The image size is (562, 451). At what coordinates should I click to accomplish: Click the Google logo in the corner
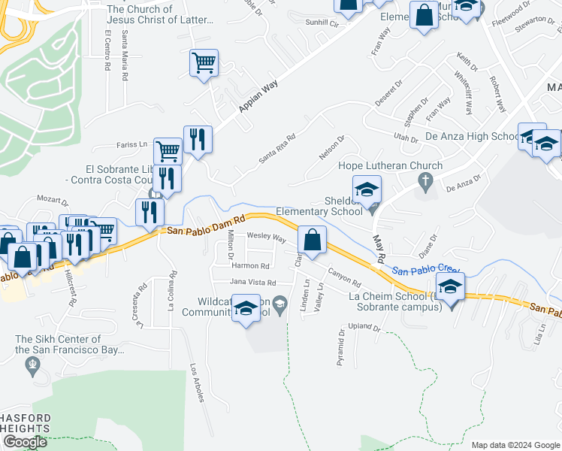25,442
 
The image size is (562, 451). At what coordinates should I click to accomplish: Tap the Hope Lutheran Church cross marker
426,180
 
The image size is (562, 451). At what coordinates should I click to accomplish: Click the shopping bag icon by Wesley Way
312,240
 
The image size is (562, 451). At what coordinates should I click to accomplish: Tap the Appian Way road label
258,97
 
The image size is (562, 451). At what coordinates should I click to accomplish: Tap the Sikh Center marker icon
32,365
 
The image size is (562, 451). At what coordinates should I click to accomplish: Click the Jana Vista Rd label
252,282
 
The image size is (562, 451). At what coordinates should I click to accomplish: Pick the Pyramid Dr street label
341,347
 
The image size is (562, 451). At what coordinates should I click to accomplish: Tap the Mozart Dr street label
53,201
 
